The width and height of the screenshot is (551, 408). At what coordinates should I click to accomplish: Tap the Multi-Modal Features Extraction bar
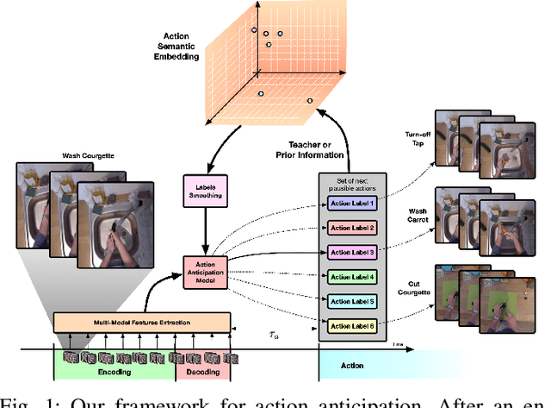click(142, 323)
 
